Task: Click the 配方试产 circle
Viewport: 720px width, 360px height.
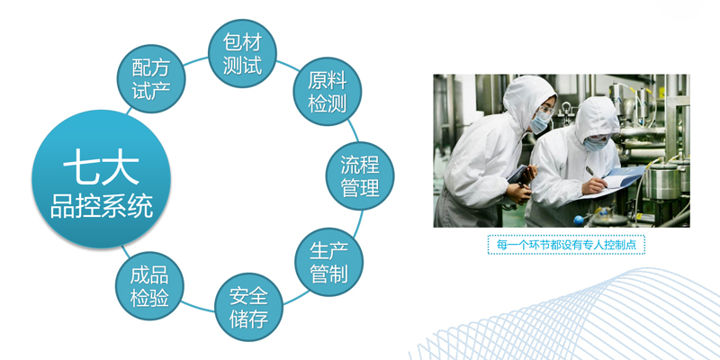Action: (x=151, y=78)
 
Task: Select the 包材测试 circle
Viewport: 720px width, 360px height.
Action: (x=242, y=53)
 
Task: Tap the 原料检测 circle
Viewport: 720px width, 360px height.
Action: (x=328, y=92)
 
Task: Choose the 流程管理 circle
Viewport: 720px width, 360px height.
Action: (x=360, y=175)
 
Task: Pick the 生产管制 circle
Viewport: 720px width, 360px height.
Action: (x=328, y=262)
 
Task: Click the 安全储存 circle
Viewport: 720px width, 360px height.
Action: (x=249, y=307)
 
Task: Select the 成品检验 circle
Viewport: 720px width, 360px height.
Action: (x=149, y=285)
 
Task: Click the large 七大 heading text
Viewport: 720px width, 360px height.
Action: (x=101, y=170)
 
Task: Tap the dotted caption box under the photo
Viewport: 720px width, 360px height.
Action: (x=566, y=245)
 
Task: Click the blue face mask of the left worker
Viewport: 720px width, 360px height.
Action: (x=540, y=121)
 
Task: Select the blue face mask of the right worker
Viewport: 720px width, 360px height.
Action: (x=595, y=144)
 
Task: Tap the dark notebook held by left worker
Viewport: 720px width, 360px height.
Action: (x=517, y=175)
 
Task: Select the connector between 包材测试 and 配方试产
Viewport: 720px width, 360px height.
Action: (x=196, y=61)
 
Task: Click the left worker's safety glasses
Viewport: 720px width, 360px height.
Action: (x=546, y=110)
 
